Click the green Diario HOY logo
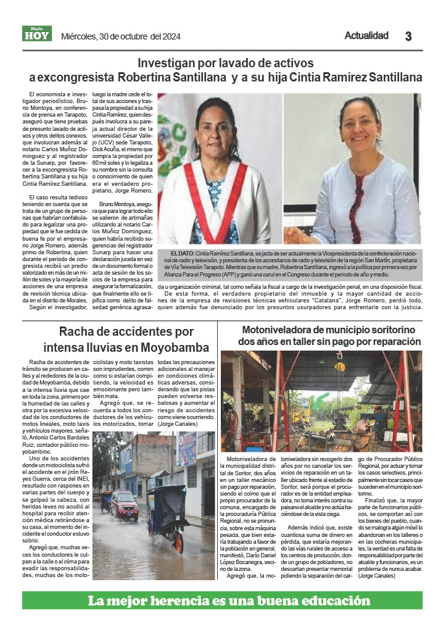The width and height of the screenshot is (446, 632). click(37, 33)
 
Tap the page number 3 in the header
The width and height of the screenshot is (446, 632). click(408, 36)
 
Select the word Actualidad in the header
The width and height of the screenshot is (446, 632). click(366, 36)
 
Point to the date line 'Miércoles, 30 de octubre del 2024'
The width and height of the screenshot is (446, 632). click(121, 36)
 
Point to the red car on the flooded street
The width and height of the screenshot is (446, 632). click(125, 504)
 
